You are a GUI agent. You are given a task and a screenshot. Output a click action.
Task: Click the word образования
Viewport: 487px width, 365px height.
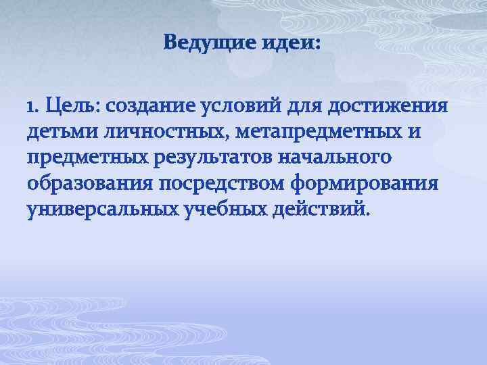pos(87,183)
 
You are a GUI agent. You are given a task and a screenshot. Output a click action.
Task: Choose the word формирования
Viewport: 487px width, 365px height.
pos(366,183)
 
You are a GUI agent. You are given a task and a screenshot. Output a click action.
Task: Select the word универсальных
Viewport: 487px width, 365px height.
pos(101,209)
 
